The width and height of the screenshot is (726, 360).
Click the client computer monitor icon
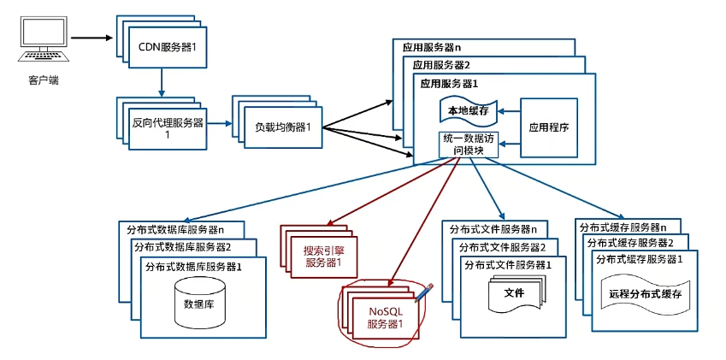pyautogui.click(x=42, y=39)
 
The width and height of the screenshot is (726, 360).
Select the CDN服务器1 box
pyautogui.click(x=168, y=44)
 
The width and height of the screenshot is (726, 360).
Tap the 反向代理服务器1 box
pyautogui.click(x=168, y=127)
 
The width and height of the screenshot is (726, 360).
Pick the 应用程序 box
pyautogui.click(x=548, y=127)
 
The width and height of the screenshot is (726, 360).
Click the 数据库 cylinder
pyautogui.click(x=199, y=303)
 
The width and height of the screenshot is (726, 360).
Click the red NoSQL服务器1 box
pyautogui.click(x=383, y=317)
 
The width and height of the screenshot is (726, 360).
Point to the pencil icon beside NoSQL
pyautogui.click(x=426, y=292)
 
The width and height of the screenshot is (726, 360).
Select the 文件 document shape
pyautogui.click(x=514, y=293)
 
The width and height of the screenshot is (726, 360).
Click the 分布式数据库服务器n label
pyautogui.click(x=174, y=229)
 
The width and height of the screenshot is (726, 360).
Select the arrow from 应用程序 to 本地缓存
pyautogui.click(x=510, y=110)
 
